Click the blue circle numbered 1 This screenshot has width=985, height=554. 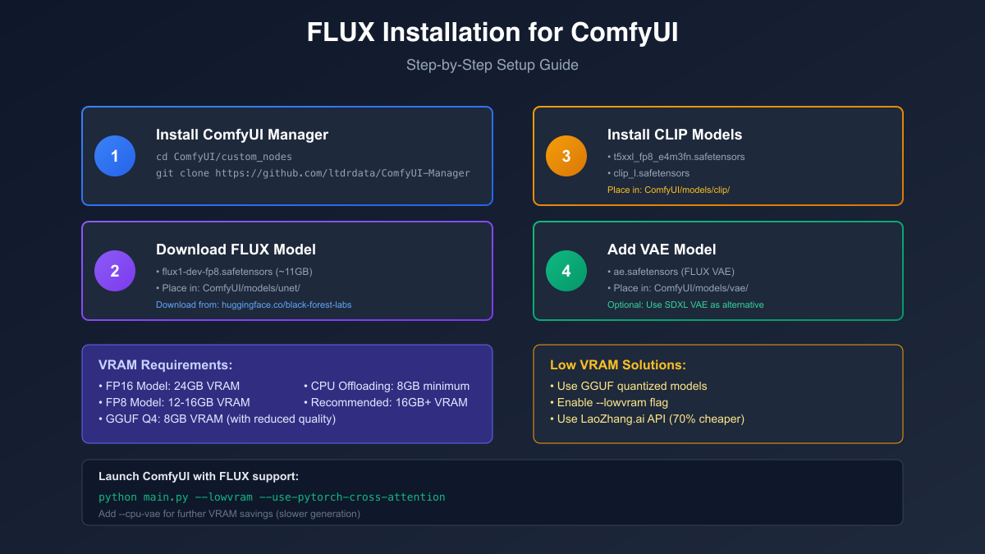pyautogui.click(x=115, y=156)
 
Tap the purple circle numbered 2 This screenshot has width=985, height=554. pyautogui.click(x=115, y=271)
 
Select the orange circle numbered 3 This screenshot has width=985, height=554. pyautogui.click(x=566, y=156)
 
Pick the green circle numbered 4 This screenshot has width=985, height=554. pyautogui.click(x=566, y=271)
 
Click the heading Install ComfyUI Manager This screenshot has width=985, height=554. pyautogui.click(x=242, y=135)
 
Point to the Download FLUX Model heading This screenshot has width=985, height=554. pyautogui.click(x=236, y=250)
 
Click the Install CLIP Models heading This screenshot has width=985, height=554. pyautogui.click(x=675, y=135)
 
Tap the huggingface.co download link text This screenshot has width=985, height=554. pyautogui.click(x=254, y=304)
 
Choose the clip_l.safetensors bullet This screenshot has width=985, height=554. pyautogui.click(x=651, y=173)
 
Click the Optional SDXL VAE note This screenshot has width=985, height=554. pyautogui.click(x=685, y=304)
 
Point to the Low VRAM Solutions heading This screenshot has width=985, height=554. pyautogui.click(x=617, y=365)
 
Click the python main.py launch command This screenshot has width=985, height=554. pyautogui.click(x=272, y=497)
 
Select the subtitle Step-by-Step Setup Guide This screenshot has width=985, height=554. pyautogui.click(x=492, y=65)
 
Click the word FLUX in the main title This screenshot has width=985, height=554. pyautogui.click(x=341, y=33)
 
